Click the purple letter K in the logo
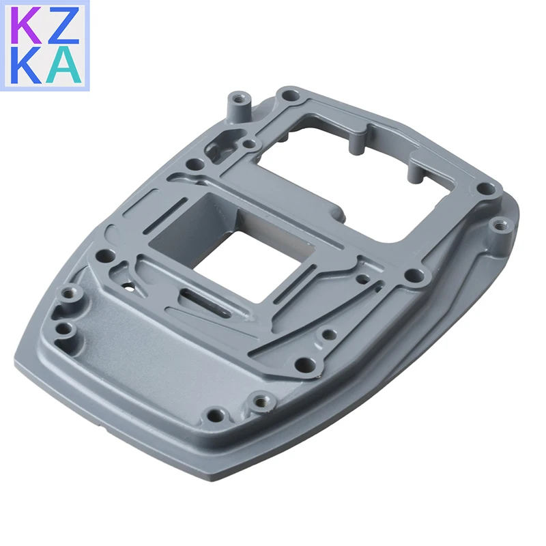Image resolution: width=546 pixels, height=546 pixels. click(28, 27)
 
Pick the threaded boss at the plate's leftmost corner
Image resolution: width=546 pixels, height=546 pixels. click(68, 296)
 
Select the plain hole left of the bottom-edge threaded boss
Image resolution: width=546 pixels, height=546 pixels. click(215, 414)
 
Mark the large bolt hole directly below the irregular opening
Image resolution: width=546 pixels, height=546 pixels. click(413, 277)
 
